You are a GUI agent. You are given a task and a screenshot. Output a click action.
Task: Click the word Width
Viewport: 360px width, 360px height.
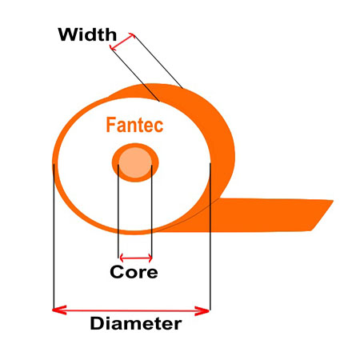tap(87, 34)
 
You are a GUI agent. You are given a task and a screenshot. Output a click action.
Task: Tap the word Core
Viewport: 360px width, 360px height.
tap(134, 272)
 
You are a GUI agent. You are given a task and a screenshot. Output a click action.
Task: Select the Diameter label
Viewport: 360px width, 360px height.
tap(136, 323)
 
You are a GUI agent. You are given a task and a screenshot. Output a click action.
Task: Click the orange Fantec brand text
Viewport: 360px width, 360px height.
tap(134, 125)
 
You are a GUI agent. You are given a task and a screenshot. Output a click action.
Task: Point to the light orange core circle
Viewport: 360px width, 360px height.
tap(135, 162)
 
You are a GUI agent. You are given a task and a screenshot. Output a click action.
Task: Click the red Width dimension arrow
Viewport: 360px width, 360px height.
tap(122, 42)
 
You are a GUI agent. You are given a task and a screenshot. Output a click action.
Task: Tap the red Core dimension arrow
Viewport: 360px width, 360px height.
tap(136, 258)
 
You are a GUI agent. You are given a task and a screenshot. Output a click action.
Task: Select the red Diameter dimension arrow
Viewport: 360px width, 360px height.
tap(130, 310)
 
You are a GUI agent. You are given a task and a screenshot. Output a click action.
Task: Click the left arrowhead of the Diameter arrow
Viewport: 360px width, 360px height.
tap(59, 310)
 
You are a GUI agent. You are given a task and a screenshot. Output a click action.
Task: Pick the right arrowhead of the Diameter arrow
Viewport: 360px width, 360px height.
tap(202, 311)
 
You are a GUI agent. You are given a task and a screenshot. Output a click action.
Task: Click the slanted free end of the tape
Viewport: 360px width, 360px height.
tap(322, 215)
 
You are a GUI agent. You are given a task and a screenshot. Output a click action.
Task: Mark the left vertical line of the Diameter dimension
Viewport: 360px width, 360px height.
tap(54, 237)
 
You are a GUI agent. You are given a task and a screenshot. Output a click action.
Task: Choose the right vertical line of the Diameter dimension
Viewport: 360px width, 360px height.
tap(210, 236)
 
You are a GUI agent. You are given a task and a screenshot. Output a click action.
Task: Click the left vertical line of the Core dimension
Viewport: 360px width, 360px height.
tap(118, 211)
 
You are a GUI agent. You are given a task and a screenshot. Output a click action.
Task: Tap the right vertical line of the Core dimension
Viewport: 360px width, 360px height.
tap(152, 212)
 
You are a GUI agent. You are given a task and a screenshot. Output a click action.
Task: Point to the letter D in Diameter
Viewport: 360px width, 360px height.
tap(97, 323)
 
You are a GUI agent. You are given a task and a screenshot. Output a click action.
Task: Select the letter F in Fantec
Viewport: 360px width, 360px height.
tap(110, 125)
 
